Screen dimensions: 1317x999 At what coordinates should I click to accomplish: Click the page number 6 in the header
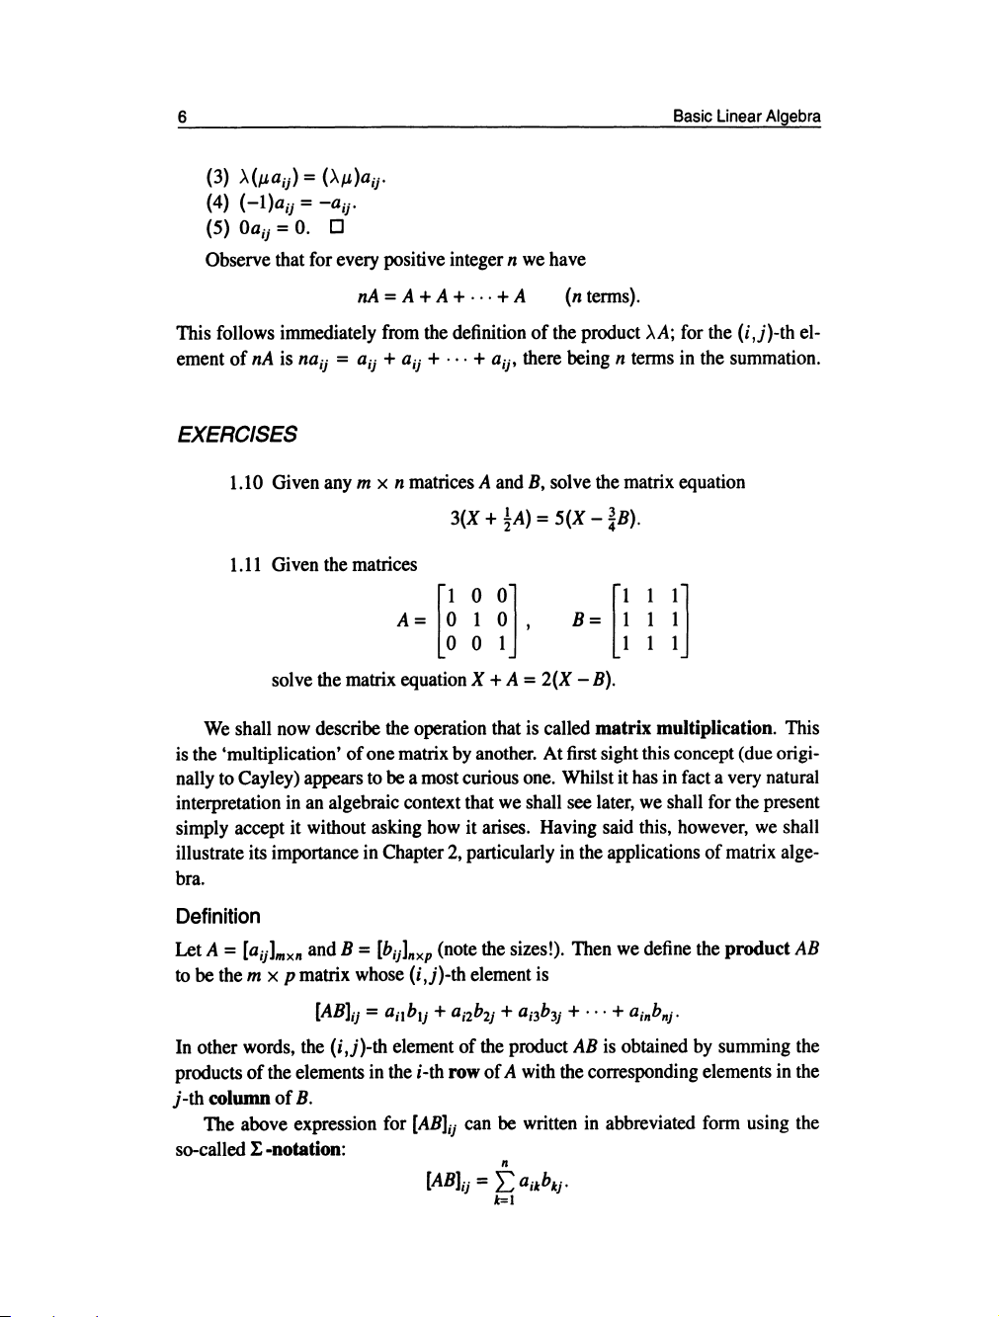point(183,116)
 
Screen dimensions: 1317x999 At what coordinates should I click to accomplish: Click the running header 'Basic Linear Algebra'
point(746,116)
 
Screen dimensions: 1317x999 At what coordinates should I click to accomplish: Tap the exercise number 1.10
point(245,483)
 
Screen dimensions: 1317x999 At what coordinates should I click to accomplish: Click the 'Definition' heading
point(217,916)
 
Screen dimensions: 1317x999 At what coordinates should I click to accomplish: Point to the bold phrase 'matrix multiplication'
point(684,728)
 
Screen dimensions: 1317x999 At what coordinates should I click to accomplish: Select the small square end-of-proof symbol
point(336,228)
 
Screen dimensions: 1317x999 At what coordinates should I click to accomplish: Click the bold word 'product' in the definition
point(756,949)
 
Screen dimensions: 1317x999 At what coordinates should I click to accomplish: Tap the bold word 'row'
point(463,1072)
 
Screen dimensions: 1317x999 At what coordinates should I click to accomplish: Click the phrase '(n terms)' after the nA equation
point(602,296)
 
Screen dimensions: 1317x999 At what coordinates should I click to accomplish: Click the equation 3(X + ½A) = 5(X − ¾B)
point(544,518)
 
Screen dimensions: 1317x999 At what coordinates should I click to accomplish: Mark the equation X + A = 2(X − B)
point(541,680)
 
